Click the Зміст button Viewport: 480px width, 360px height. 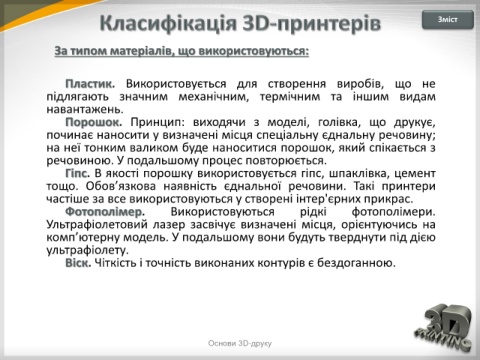point(448,20)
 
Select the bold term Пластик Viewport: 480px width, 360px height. point(90,84)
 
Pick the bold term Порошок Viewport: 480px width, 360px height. point(94,122)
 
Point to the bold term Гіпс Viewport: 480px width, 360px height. point(78,174)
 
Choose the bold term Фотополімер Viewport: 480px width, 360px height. point(105,212)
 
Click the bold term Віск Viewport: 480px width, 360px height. point(78,263)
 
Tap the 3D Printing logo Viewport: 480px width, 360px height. point(444,328)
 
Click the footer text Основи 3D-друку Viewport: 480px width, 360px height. point(240,343)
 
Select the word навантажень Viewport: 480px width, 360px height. point(85,109)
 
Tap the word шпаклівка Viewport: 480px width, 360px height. point(358,174)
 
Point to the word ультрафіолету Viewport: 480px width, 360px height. point(87,250)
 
